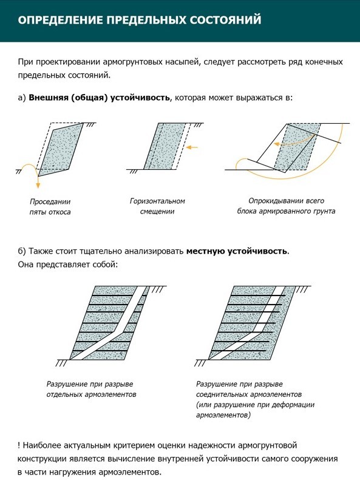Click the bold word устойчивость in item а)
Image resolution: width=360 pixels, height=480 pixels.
coord(140,98)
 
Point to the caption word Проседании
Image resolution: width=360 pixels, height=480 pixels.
coord(50,201)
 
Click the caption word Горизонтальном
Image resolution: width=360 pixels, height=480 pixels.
coord(157,201)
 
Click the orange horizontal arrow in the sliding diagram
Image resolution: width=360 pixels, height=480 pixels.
coord(192,147)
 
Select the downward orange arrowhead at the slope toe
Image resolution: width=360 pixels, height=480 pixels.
coord(38,185)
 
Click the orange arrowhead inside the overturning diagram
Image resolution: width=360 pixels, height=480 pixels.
coord(277,144)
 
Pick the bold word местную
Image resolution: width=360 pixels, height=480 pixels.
coord(203,251)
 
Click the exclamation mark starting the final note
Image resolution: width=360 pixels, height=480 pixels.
coord(19,445)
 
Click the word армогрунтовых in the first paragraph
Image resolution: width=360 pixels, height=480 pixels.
coord(132,62)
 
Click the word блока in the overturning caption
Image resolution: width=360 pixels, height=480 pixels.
coord(246,211)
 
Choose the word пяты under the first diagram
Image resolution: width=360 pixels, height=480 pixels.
coord(38,212)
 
